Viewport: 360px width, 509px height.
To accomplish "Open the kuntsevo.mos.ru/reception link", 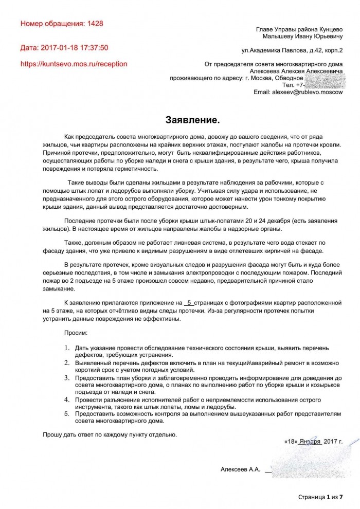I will pos(74,64).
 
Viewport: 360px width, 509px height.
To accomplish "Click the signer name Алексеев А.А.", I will pos(240,469).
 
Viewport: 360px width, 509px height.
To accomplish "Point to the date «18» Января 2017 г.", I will pos(313,441).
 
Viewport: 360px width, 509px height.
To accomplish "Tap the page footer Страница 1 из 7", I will pos(320,498).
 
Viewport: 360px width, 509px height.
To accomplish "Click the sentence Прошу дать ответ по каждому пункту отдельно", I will pos(110,434).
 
